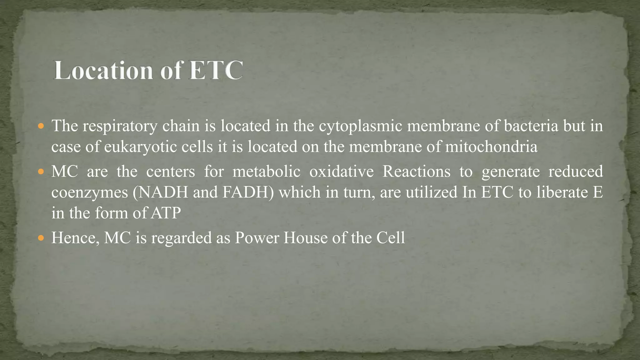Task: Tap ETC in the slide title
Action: [x=216, y=70]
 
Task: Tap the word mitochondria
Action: [x=491, y=147]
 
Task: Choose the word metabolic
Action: [x=266, y=171]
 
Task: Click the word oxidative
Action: [x=341, y=171]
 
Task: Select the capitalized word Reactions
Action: [x=416, y=171]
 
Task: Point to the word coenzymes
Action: [x=90, y=192]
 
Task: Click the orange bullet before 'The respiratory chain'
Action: [x=41, y=127]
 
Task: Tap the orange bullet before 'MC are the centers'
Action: [x=41, y=172]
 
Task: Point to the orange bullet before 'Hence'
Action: [x=41, y=238]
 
